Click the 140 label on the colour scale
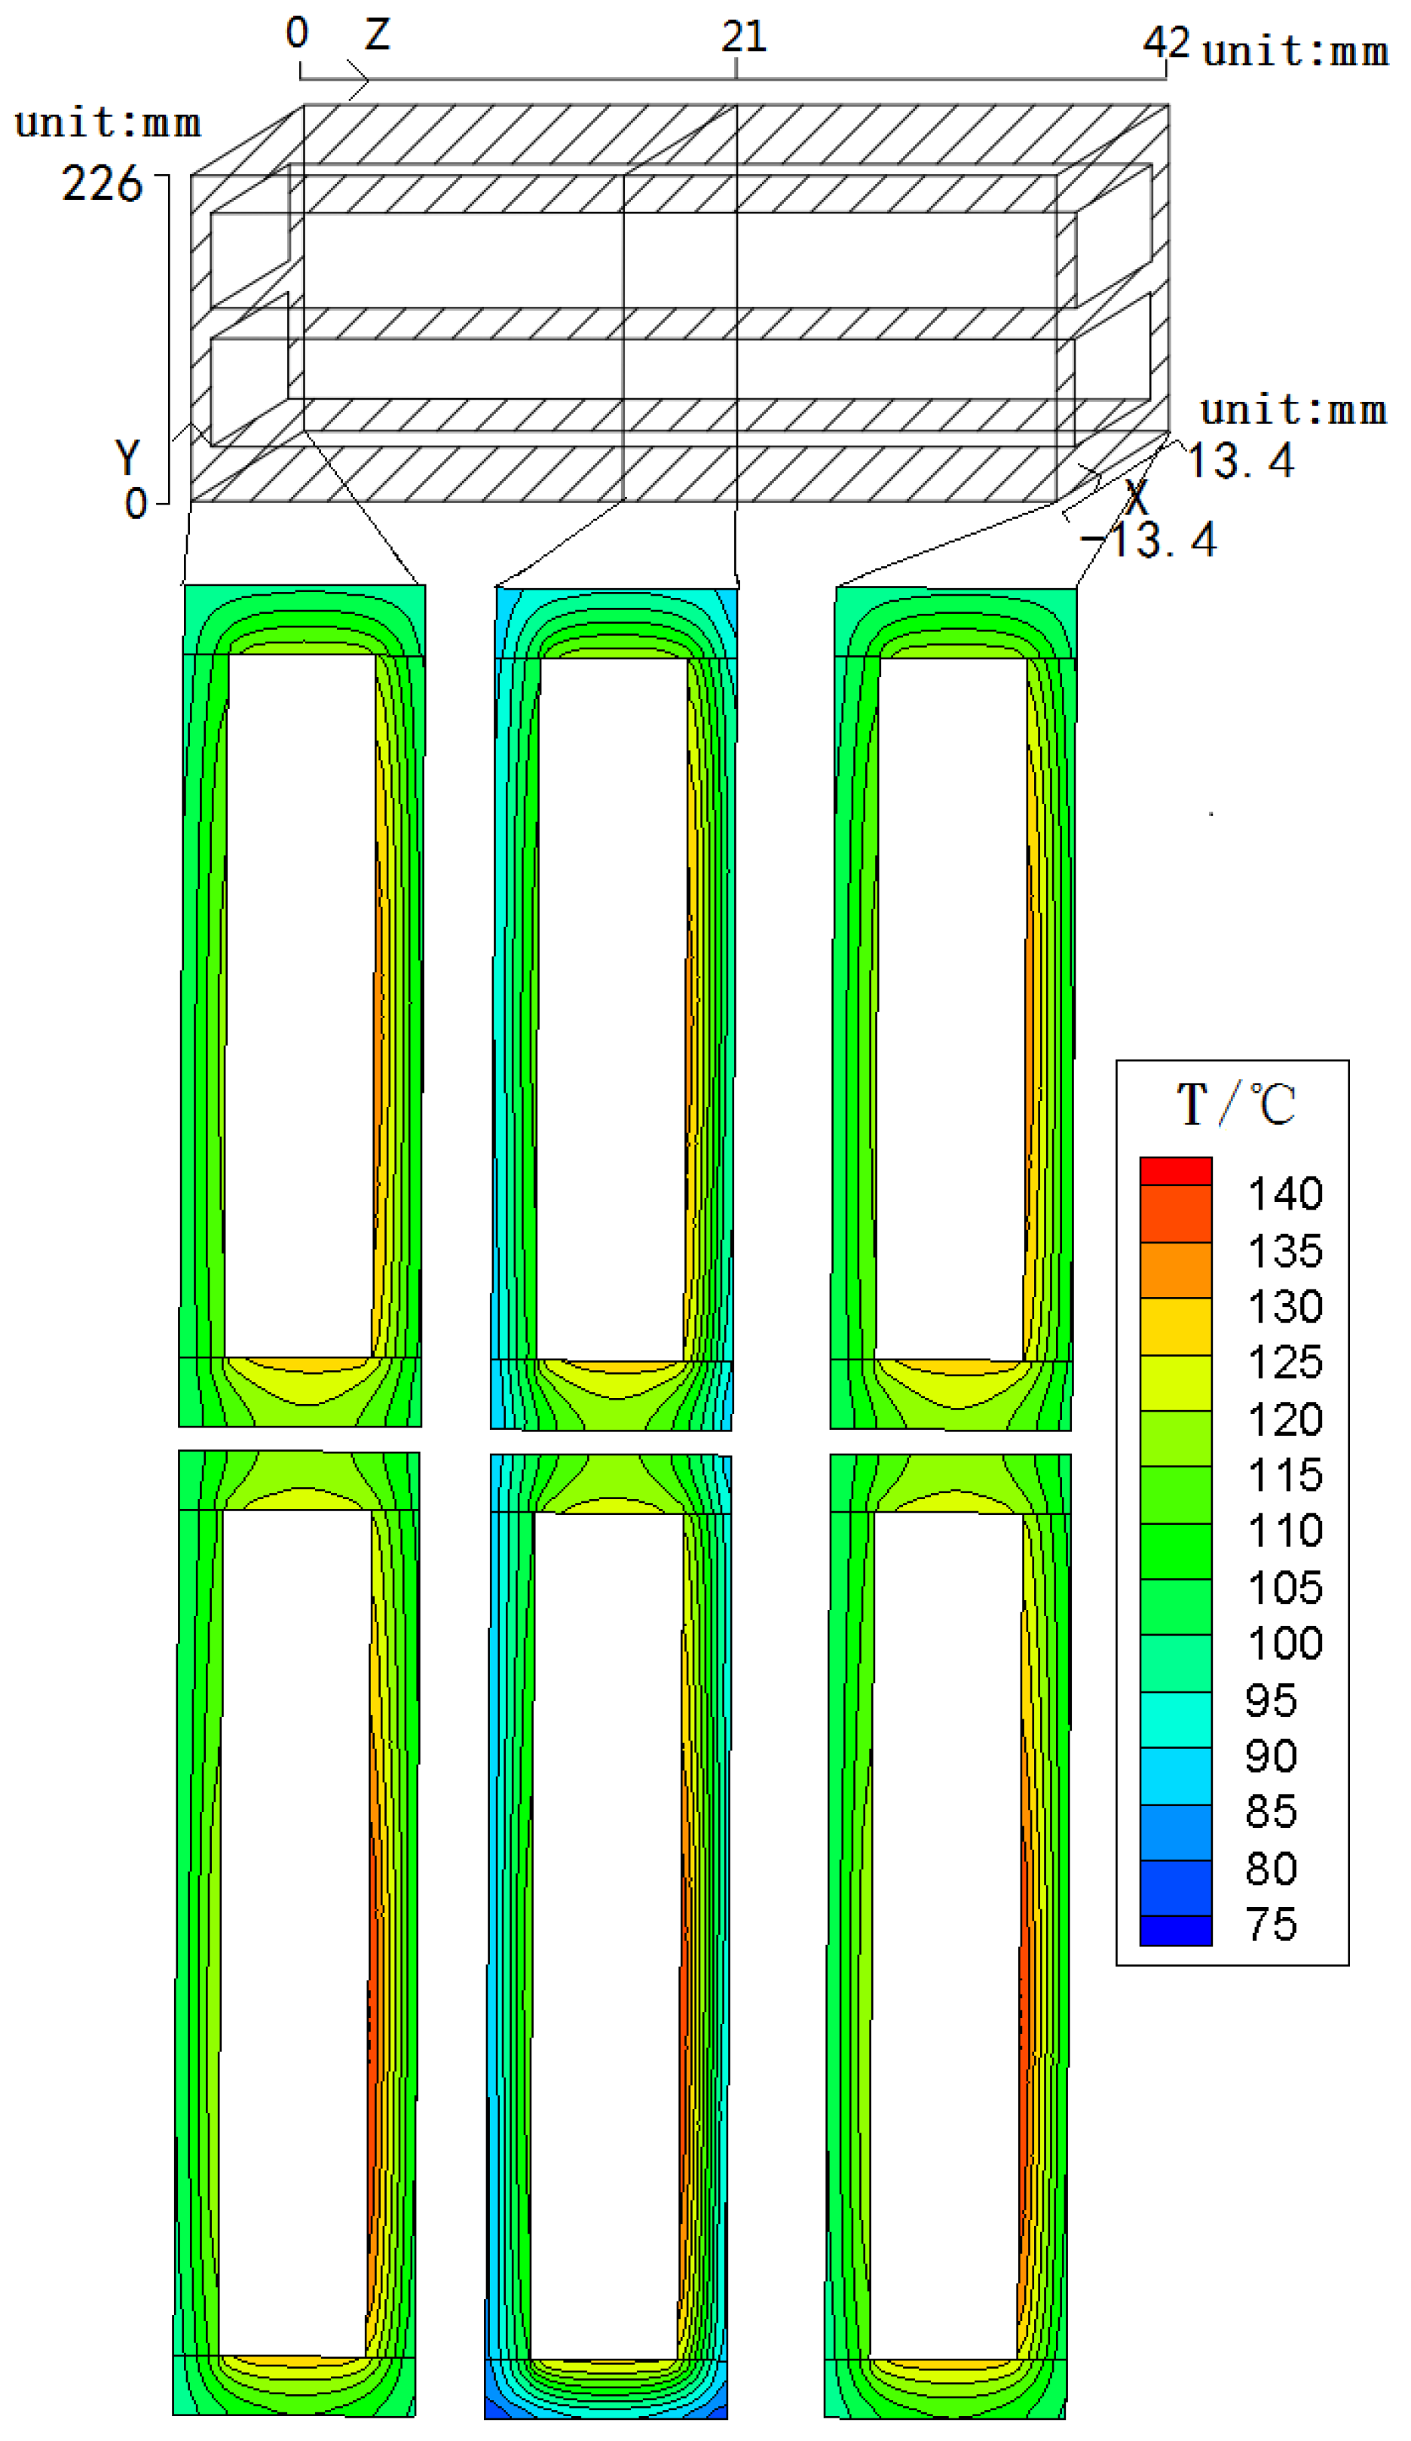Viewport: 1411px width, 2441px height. pyautogui.click(x=1284, y=1194)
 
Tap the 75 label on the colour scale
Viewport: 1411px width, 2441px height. pyautogui.click(x=1271, y=1924)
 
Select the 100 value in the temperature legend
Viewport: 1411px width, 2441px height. pyautogui.click(x=1284, y=1643)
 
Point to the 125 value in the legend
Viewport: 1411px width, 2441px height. pyautogui.click(x=1284, y=1362)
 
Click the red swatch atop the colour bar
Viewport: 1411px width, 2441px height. pyautogui.click(x=1176, y=1170)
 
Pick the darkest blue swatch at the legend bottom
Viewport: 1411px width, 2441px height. pyautogui.click(x=1176, y=1930)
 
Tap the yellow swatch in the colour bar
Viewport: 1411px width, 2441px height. pyautogui.click(x=1176, y=1325)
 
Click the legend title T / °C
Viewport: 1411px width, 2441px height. pyautogui.click(x=1235, y=1103)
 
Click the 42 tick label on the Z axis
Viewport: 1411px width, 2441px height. pyautogui.click(x=1166, y=41)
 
